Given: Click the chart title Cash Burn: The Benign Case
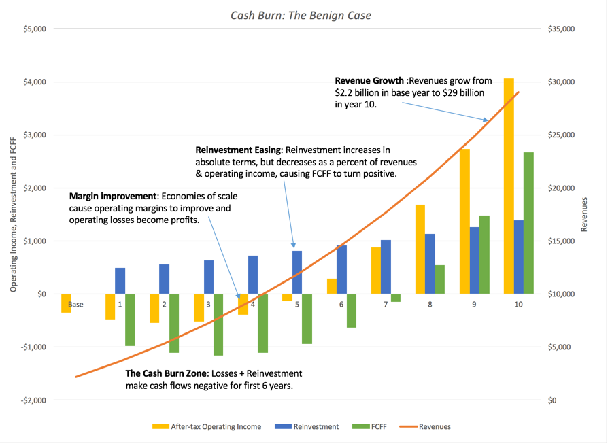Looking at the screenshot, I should click(301, 15).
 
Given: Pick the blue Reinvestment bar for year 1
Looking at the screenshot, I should click(120, 281).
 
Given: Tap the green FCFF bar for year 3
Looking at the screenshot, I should click(218, 324).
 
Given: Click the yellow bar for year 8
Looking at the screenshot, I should click(420, 249).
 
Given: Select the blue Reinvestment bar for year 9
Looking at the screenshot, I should click(474, 260).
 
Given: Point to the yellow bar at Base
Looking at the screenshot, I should click(66, 303).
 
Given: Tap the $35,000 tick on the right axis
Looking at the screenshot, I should click(561, 29).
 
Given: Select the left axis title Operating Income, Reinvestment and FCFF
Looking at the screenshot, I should click(13, 216).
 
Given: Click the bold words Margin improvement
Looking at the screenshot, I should click(113, 197).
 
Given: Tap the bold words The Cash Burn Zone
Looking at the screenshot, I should click(167, 373).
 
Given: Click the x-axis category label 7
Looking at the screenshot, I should click(386, 305).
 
